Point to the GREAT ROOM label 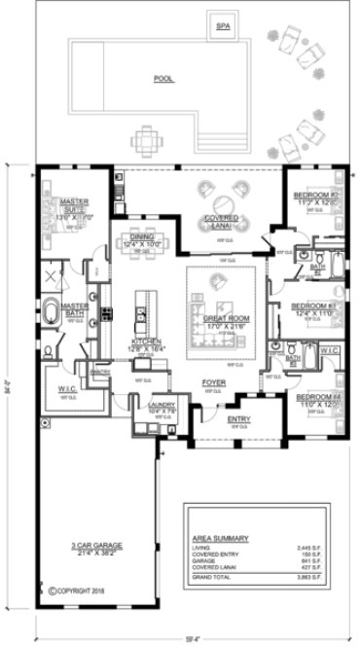coord(223,317)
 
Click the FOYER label coord(214,382)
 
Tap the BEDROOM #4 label coord(314,396)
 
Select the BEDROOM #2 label coord(314,196)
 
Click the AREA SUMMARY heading coord(220,538)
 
